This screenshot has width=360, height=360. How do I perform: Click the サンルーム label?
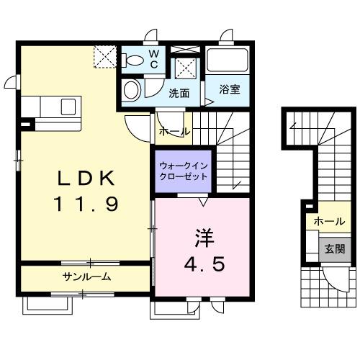coord(86,276)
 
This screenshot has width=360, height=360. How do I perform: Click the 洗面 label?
coord(179,93)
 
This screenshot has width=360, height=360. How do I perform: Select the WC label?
coord(154,59)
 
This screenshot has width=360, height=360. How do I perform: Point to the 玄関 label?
coord(334,249)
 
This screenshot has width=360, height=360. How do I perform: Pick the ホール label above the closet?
coord(174,132)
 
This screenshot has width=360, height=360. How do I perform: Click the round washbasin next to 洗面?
coord(131,91)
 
